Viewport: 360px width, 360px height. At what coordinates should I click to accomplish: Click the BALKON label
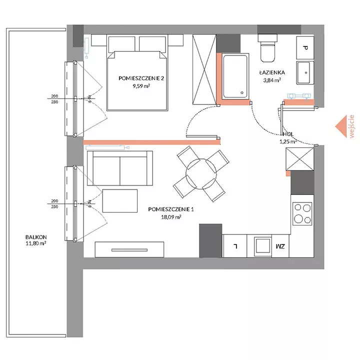36,237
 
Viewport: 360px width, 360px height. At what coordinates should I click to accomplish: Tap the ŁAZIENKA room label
272,72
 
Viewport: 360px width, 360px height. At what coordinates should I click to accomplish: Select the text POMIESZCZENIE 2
141,78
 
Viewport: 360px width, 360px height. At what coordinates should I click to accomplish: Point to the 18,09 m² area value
171,217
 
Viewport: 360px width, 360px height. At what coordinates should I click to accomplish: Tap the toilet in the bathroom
267,48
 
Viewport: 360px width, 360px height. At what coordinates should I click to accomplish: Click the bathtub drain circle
242,93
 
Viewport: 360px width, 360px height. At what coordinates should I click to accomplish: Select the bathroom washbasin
305,72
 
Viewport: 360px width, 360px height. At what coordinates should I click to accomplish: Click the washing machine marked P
305,48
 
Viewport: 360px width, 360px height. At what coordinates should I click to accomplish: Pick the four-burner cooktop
302,213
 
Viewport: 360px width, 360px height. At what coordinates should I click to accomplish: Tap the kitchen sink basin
263,245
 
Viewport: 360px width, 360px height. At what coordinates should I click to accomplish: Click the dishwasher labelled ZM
280,246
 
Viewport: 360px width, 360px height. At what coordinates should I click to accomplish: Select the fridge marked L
234,246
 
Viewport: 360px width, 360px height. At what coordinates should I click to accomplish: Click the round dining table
201,174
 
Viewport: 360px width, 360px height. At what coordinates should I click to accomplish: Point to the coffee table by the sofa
120,201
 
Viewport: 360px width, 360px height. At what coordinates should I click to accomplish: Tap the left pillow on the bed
121,43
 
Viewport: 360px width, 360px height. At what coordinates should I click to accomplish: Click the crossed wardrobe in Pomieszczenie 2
204,69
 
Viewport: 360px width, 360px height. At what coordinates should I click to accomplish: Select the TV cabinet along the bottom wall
129,249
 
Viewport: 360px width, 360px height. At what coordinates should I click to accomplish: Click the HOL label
288,134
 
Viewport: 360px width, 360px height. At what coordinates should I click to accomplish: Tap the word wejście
351,126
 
